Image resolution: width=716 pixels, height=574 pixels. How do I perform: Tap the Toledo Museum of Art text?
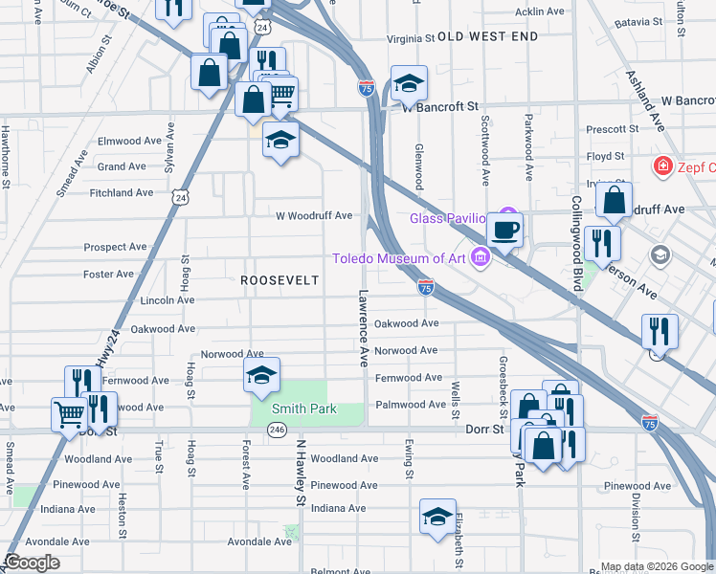pos(398,257)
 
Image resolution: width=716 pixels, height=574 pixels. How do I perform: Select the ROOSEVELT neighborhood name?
pos(279,280)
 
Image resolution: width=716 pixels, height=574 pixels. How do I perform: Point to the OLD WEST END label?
pos(487,36)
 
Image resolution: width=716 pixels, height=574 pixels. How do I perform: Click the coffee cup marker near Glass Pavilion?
pos(504,230)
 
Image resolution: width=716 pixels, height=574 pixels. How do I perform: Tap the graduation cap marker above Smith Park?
pos(259,378)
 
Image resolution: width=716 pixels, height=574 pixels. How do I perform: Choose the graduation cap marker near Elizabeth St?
pos(437,518)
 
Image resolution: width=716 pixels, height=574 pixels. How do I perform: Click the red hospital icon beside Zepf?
pos(661,166)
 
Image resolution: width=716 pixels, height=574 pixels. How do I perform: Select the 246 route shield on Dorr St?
pos(277,430)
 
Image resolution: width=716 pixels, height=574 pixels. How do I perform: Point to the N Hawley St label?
pos(300,473)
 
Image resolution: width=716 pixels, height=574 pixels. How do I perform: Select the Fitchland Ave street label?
pos(121,192)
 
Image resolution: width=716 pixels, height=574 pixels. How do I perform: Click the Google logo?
pos(33,563)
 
